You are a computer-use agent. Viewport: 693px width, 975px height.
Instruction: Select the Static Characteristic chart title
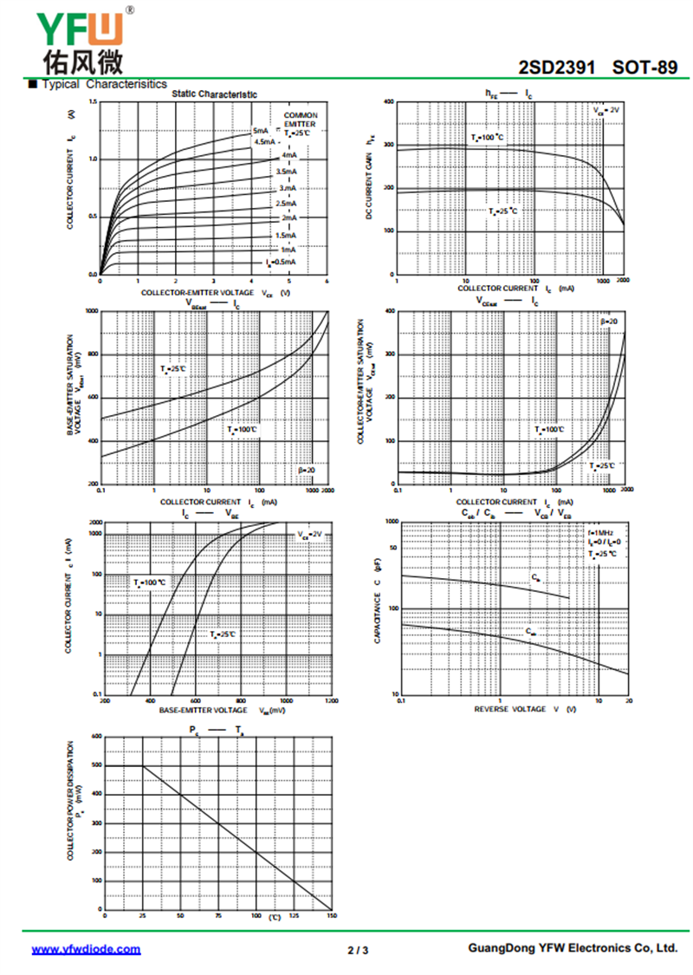pyautogui.click(x=214, y=94)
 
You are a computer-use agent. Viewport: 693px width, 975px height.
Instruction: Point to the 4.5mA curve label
pyautogui.click(x=264, y=141)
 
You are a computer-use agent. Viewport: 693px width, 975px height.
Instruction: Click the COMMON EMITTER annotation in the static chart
pyautogui.click(x=300, y=120)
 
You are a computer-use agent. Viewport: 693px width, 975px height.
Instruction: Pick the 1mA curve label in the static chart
pyautogui.click(x=288, y=250)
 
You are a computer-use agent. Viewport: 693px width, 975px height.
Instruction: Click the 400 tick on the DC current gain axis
pyautogui.click(x=389, y=102)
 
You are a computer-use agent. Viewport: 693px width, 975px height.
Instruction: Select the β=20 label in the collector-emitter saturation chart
pyautogui.click(x=609, y=322)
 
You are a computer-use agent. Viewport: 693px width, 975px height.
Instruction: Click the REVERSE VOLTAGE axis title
pyautogui.click(x=523, y=710)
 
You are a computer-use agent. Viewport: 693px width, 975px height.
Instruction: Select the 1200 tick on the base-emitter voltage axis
pyautogui.click(x=331, y=701)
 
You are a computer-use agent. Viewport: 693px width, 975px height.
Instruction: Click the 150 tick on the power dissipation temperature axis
pyautogui.click(x=331, y=916)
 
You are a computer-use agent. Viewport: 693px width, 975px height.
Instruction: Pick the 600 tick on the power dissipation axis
pyautogui.click(x=96, y=737)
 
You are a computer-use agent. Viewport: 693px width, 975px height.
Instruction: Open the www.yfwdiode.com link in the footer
pyautogui.click(x=86, y=949)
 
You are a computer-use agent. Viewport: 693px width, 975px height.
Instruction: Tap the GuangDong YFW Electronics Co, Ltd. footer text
pyautogui.click(x=573, y=949)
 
